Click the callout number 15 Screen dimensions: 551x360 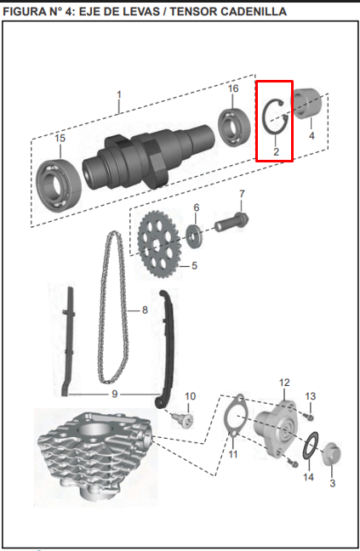[60, 139]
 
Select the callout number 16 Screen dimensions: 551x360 [233, 88]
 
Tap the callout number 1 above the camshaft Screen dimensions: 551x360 [119, 94]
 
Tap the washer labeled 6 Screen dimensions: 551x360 [196, 233]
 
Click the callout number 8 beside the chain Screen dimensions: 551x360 [145, 310]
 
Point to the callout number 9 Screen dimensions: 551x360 [114, 395]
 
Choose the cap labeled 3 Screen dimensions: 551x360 [332, 452]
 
